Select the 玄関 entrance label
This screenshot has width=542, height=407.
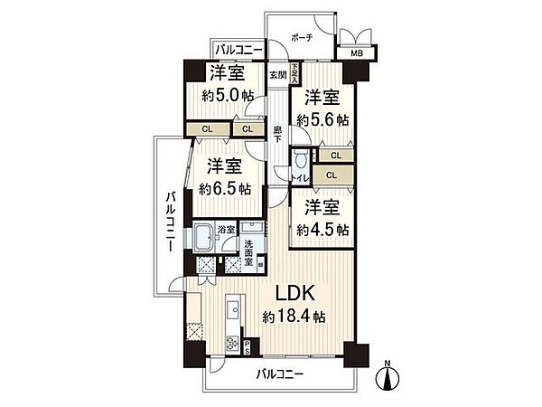277,75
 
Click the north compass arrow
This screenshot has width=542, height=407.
387,374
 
